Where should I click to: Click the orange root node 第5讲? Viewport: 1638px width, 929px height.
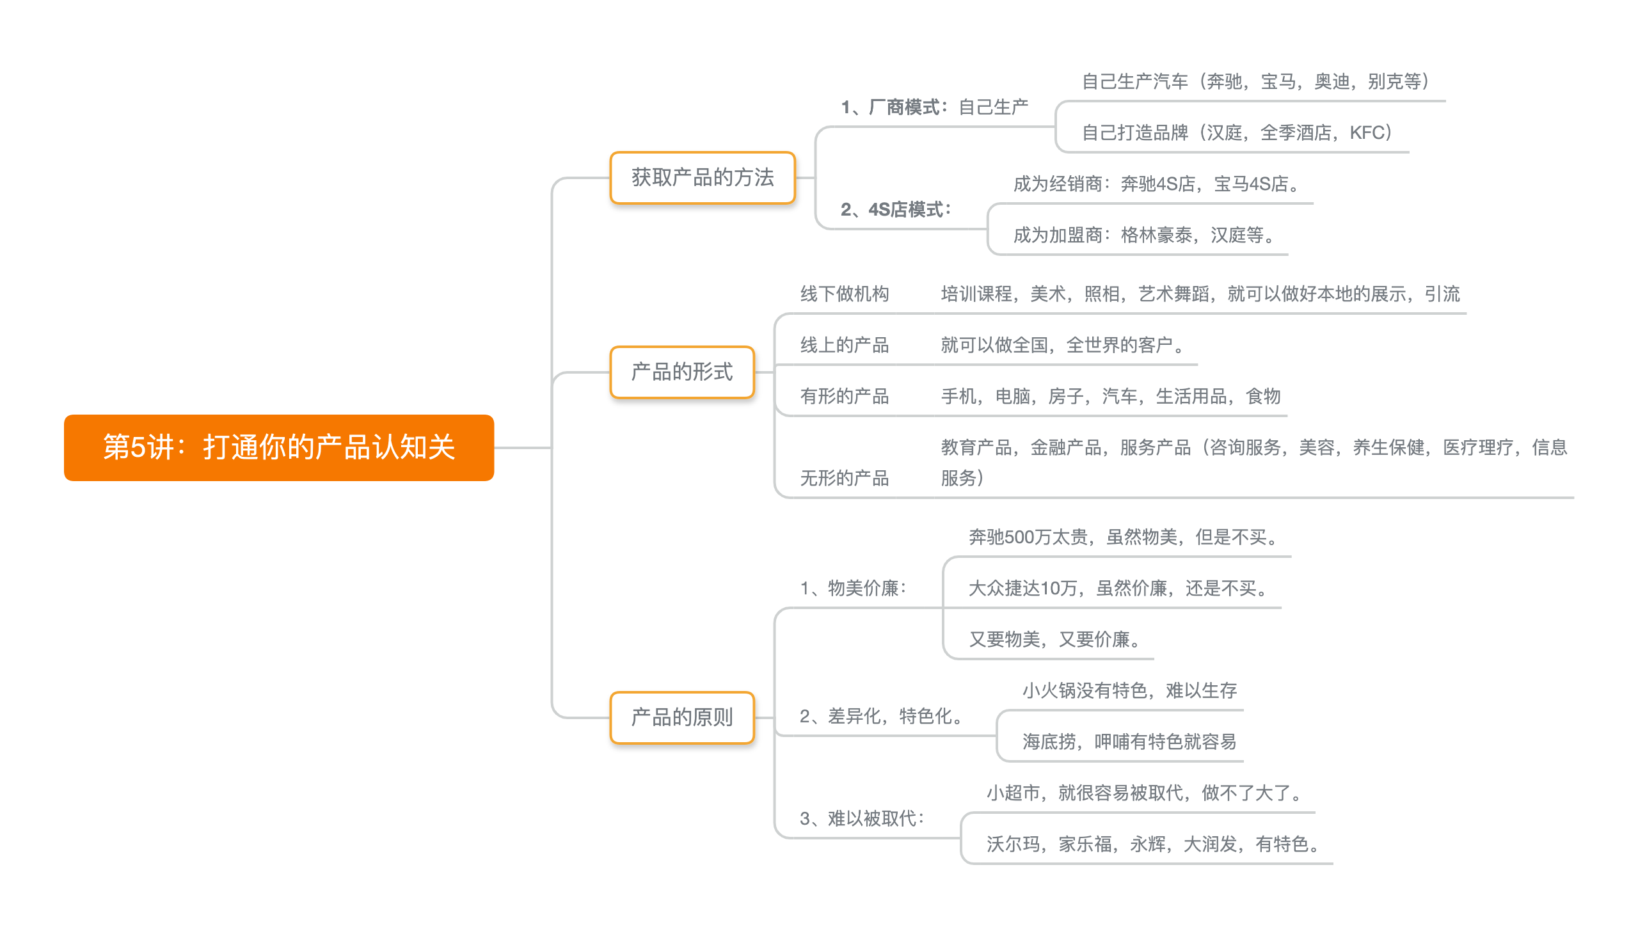pyautogui.click(x=279, y=447)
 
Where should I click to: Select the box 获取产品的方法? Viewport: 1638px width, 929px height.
pyautogui.click(x=703, y=178)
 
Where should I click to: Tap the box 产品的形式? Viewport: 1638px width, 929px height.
pyautogui.click(x=682, y=372)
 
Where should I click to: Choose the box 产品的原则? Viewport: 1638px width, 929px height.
pyautogui.click(x=682, y=718)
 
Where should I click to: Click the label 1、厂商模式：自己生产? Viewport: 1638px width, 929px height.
pyautogui.click(x=934, y=107)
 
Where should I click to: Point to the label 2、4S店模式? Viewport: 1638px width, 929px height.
pyautogui.click(x=896, y=210)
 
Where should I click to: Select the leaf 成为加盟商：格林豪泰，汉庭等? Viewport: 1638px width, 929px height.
pyautogui.click(x=1145, y=235)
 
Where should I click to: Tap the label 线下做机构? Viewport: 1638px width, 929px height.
pyautogui.click(x=845, y=294)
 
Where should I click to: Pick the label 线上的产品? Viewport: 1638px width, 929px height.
pyautogui.click(x=845, y=345)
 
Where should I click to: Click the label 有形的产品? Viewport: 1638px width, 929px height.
pyautogui.click(x=845, y=397)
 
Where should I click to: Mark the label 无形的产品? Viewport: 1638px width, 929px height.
pyautogui.click(x=845, y=479)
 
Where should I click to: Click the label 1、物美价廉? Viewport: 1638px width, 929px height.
pyautogui.click(x=854, y=589)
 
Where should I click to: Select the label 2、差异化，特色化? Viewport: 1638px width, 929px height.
pyautogui.click(x=883, y=717)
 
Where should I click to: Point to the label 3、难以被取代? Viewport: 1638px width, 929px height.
pyautogui.click(x=863, y=819)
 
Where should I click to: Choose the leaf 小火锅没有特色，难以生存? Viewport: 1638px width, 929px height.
pyautogui.click(x=1129, y=691)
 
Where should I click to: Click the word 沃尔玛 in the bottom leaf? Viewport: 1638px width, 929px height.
pyautogui.click(x=1013, y=845)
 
